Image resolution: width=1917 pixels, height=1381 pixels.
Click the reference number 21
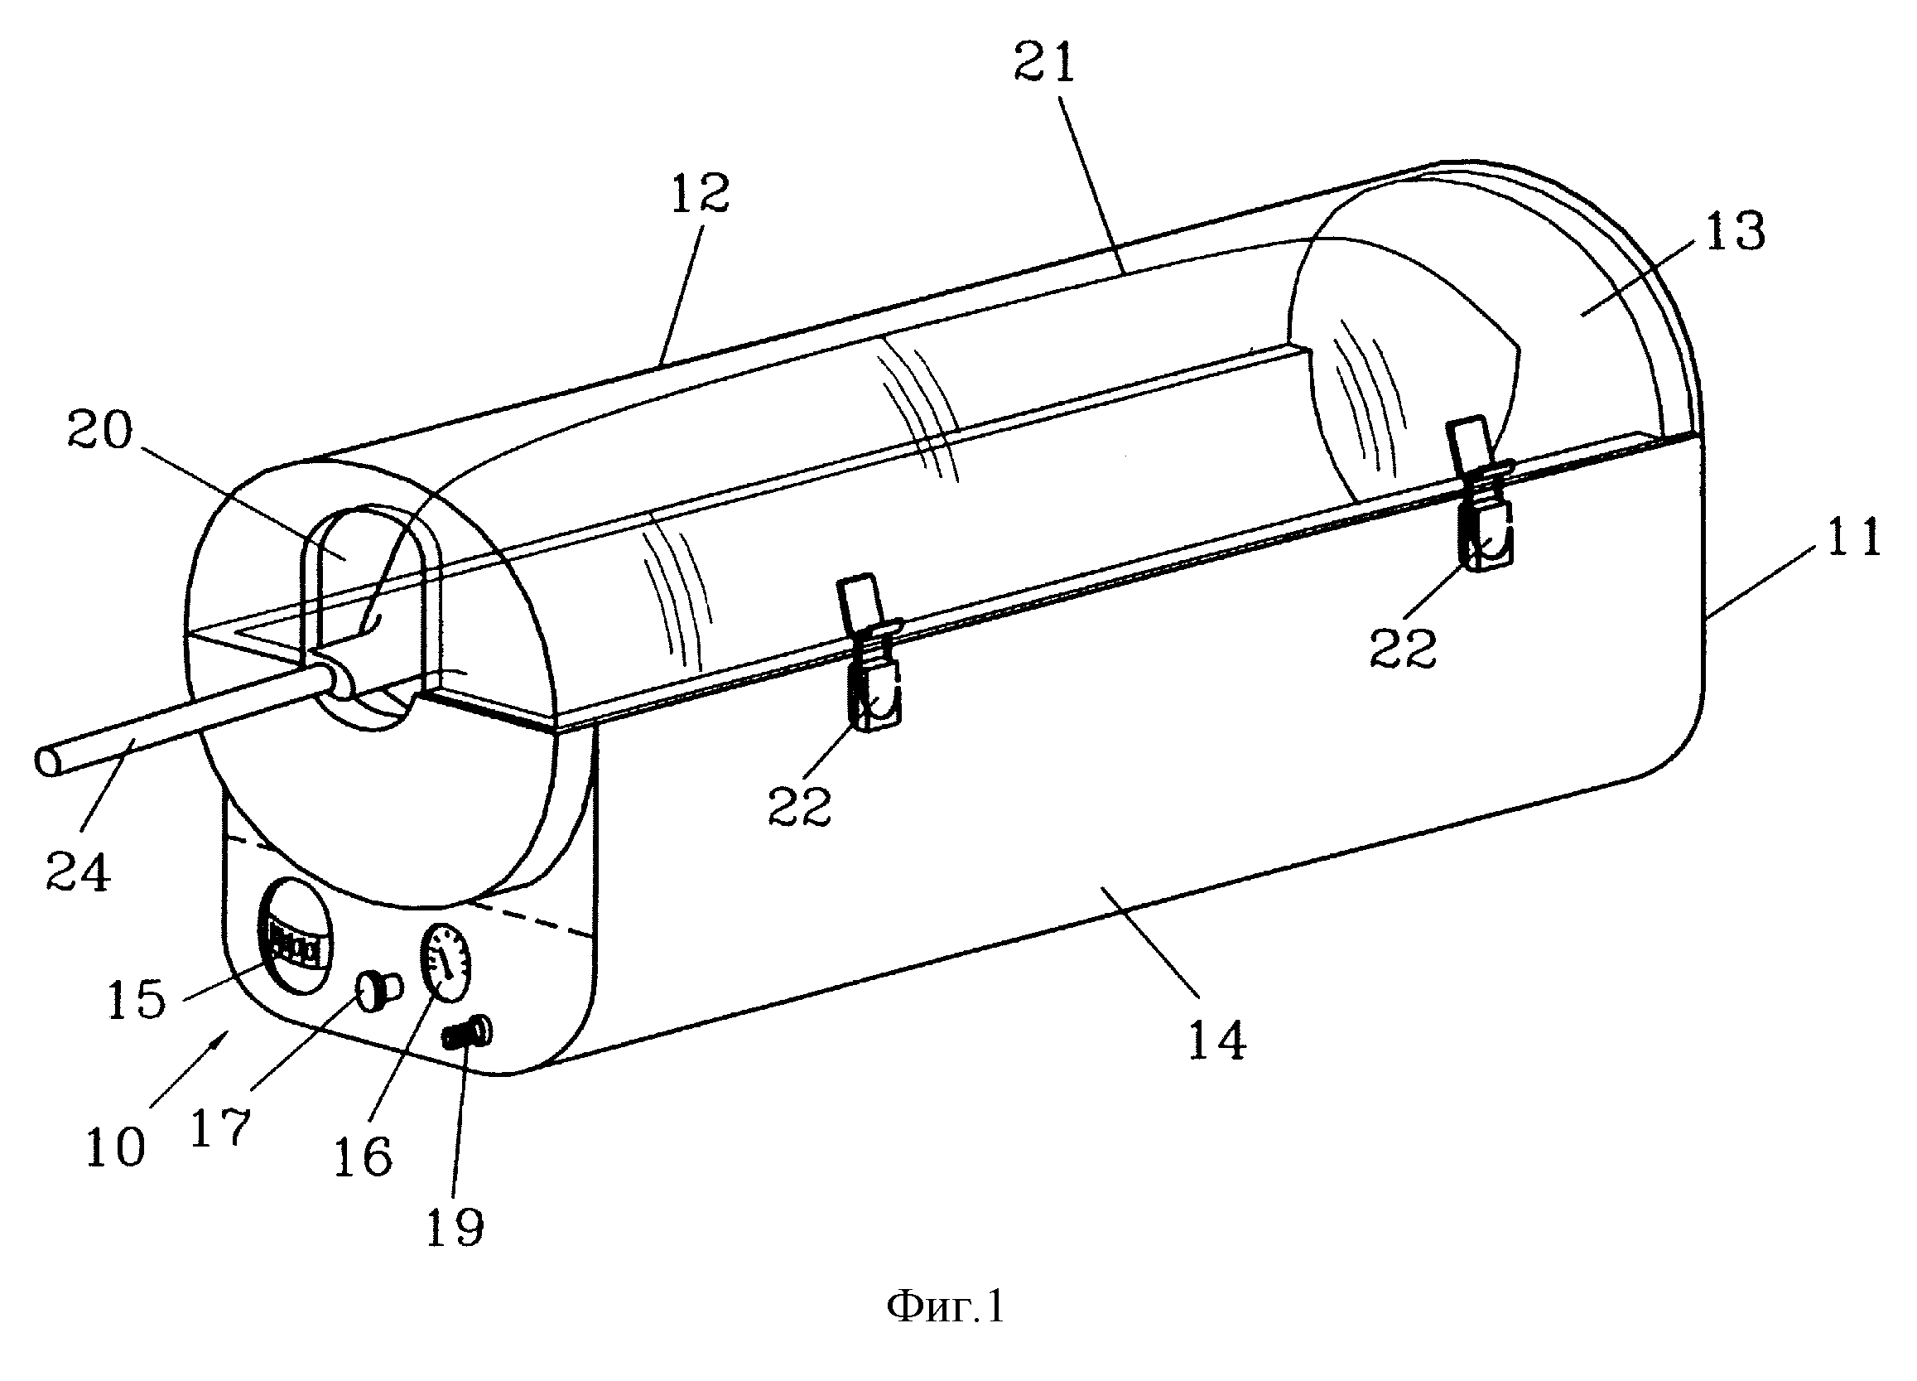(1046, 64)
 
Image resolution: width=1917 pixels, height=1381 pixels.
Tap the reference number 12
(701, 194)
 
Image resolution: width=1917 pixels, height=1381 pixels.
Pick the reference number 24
(78, 872)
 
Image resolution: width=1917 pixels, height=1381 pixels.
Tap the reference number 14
(1217, 1040)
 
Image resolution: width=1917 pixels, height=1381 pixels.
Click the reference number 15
(137, 1000)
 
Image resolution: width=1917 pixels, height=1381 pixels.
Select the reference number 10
(116, 1147)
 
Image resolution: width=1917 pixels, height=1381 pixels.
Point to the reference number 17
(220, 1127)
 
